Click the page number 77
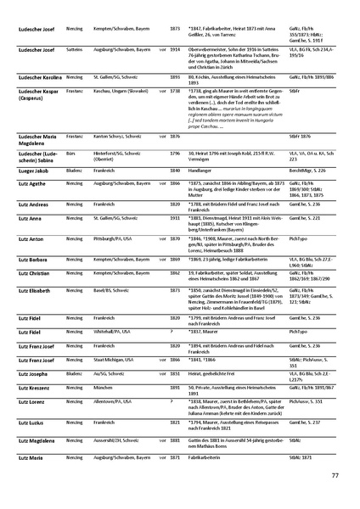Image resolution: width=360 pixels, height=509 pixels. [335, 475]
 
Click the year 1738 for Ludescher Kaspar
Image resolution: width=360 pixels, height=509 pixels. [175, 113]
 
